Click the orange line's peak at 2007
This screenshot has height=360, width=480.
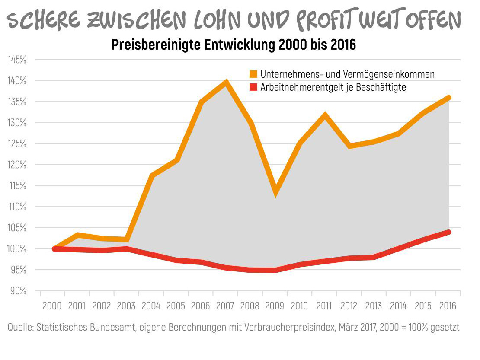[x=225, y=82]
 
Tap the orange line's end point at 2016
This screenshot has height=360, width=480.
[x=448, y=98]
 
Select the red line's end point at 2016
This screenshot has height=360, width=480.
[x=448, y=232]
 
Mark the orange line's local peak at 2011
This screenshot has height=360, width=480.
[x=324, y=115]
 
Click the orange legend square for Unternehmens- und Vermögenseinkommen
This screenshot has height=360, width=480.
[x=253, y=74]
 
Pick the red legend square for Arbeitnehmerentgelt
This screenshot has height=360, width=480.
[x=253, y=87]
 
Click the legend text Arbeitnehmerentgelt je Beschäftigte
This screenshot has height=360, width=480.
[x=333, y=87]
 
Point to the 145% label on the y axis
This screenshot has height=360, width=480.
[x=17, y=60]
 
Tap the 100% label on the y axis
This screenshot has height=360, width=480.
[x=17, y=249]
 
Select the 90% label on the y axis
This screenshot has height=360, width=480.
[x=18, y=291]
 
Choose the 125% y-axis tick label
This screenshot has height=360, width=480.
[x=17, y=144]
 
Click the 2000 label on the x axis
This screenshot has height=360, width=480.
[x=52, y=306]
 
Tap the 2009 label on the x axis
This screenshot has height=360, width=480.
[x=275, y=306]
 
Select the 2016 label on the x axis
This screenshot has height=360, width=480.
[x=448, y=306]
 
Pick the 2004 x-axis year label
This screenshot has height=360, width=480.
[x=151, y=306]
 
